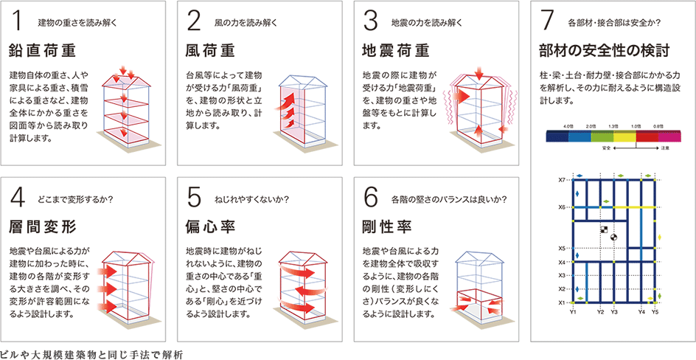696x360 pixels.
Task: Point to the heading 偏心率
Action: point(209,224)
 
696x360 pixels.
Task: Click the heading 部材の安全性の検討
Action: point(604,51)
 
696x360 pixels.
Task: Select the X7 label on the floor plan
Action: point(561,179)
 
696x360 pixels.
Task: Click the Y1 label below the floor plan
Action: point(573,312)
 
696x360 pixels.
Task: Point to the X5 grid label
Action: point(561,248)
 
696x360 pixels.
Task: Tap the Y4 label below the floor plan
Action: point(641,312)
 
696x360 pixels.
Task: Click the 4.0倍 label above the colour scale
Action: point(568,127)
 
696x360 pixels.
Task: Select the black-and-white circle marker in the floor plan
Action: point(611,236)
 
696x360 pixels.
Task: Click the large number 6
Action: point(372,195)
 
